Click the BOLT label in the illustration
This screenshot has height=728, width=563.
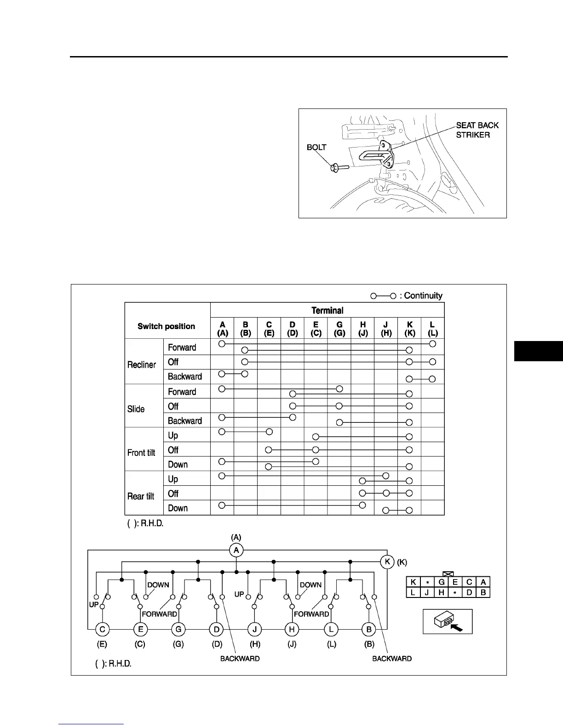316,148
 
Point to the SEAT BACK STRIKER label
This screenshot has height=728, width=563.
477,130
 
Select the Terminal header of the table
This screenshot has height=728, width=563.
327,310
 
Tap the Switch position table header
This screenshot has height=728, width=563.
166,326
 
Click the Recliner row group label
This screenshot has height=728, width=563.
142,364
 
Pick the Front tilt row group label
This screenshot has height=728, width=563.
141,453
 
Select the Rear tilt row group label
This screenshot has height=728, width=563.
141,496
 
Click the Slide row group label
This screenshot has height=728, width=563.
136,409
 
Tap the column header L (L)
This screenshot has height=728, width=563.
432,329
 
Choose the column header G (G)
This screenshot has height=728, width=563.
339,329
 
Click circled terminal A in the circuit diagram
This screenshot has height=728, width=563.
236,550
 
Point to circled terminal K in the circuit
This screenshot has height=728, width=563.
388,562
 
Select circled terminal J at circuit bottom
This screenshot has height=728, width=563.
254,629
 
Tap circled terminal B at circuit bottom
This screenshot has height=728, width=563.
369,629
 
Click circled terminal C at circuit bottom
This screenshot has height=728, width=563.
102,629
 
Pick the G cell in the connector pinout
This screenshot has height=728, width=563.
442,582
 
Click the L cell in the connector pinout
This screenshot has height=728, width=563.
413,592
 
